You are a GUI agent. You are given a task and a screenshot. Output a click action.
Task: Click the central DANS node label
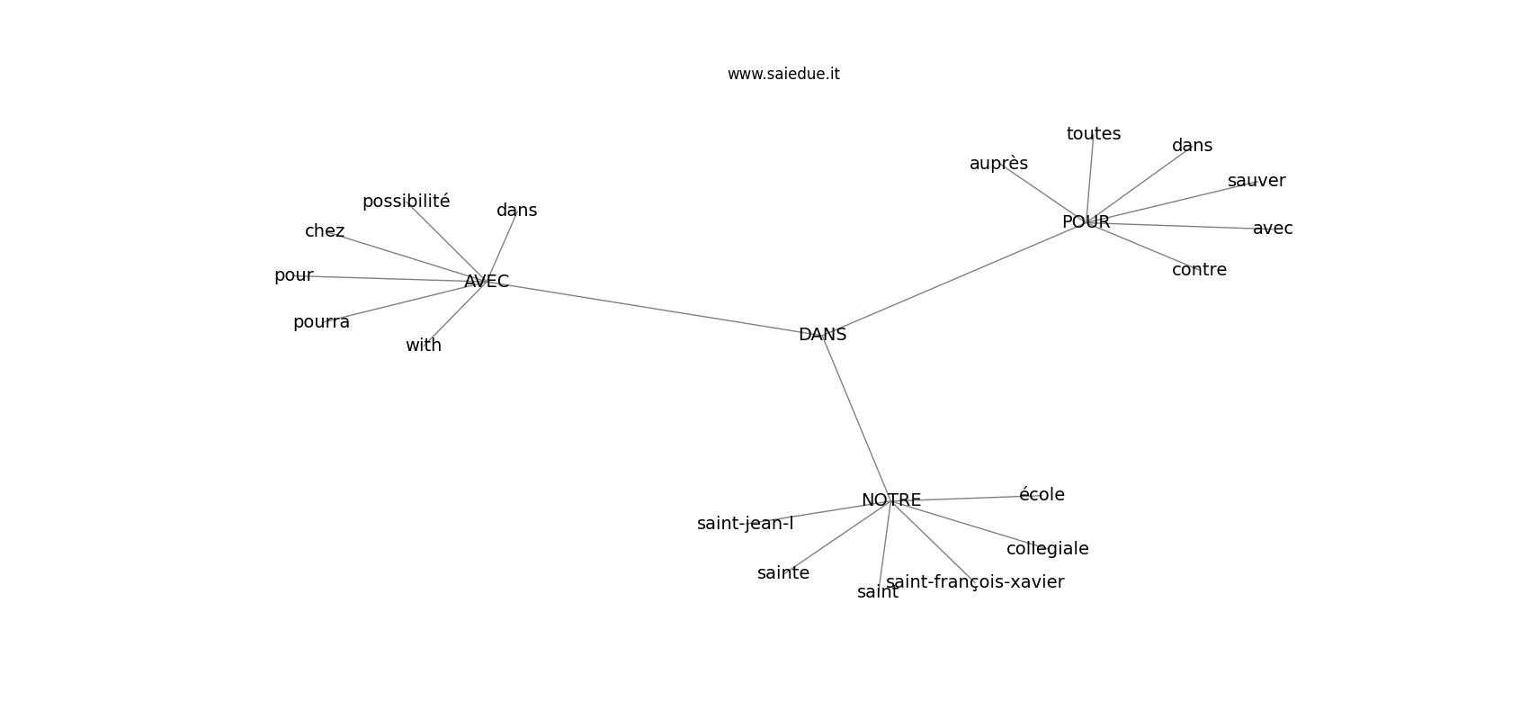click(822, 335)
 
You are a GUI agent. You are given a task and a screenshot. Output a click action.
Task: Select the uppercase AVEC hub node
click(487, 282)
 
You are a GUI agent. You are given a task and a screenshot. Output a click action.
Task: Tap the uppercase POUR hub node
click(1086, 222)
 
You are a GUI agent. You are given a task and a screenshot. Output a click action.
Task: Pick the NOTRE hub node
click(890, 500)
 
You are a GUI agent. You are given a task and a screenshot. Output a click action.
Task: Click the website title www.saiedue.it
click(783, 75)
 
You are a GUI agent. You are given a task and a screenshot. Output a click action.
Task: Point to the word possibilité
click(406, 202)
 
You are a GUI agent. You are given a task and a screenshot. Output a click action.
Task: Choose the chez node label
click(325, 231)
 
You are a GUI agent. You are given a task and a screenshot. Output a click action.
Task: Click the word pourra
click(321, 322)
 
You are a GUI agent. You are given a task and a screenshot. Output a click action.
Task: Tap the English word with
click(424, 346)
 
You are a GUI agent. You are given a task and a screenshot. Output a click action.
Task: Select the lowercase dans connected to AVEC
click(516, 211)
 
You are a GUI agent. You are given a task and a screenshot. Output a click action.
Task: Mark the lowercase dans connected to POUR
click(1192, 146)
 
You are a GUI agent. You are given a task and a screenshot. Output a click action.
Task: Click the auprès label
click(998, 164)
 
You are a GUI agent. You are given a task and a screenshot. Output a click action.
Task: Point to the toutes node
click(1093, 134)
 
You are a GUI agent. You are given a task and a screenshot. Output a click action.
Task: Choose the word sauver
click(1256, 181)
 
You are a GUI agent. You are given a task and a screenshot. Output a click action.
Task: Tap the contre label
click(1199, 270)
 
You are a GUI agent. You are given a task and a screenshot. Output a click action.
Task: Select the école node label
click(1042, 495)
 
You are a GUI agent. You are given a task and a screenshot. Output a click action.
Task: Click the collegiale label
click(1047, 549)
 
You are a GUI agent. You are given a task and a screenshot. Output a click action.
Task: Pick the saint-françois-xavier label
click(975, 582)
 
